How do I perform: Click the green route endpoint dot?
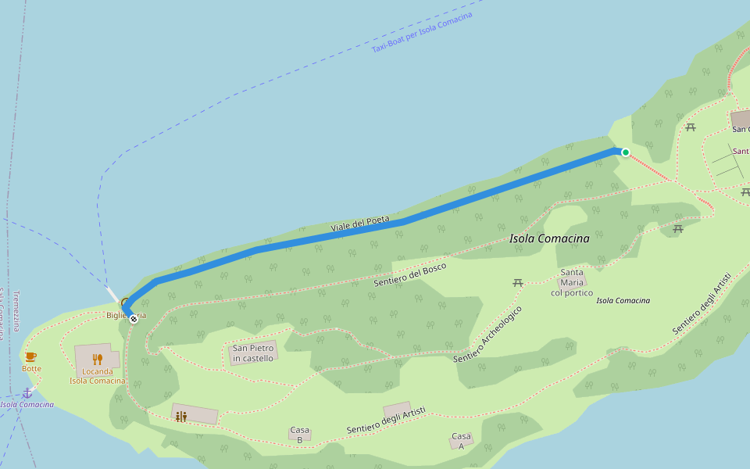coord(626,152)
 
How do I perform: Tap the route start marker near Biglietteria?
coord(134,318)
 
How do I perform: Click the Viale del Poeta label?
coord(359,224)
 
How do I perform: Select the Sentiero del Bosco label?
coord(409,274)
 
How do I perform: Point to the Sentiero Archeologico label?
coord(487,334)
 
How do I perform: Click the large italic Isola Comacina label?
coord(549,238)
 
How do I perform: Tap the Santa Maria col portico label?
coord(572,282)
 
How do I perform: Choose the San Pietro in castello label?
coord(253,353)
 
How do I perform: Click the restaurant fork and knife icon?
coord(98,359)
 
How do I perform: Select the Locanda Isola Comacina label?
coord(97,376)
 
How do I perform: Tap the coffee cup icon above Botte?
coord(31,356)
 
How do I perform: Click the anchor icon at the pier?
coord(27,392)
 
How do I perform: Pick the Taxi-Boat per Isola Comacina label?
coord(422,33)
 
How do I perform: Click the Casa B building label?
coord(300,435)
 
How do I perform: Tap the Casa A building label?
coord(461,441)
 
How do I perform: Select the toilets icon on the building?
coord(181,417)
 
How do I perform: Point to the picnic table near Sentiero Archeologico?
coord(517,282)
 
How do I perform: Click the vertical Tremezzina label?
coord(16,311)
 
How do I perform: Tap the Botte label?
coord(31,368)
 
